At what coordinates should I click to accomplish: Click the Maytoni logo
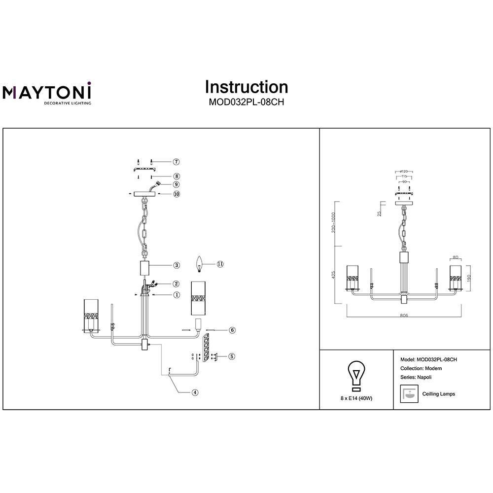click(47, 93)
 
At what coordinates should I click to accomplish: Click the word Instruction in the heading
click(246, 87)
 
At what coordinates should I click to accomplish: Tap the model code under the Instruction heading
click(246, 103)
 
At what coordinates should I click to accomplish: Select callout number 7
click(176, 162)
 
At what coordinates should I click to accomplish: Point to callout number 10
click(176, 194)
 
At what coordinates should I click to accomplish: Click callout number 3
click(176, 265)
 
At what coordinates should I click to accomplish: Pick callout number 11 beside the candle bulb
click(220, 264)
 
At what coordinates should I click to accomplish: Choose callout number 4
click(195, 392)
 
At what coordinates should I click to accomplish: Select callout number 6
click(232, 330)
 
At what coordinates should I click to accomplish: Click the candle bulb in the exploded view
click(200, 263)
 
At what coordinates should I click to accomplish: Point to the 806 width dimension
click(404, 315)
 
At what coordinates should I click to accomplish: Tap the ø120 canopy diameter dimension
click(404, 171)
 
